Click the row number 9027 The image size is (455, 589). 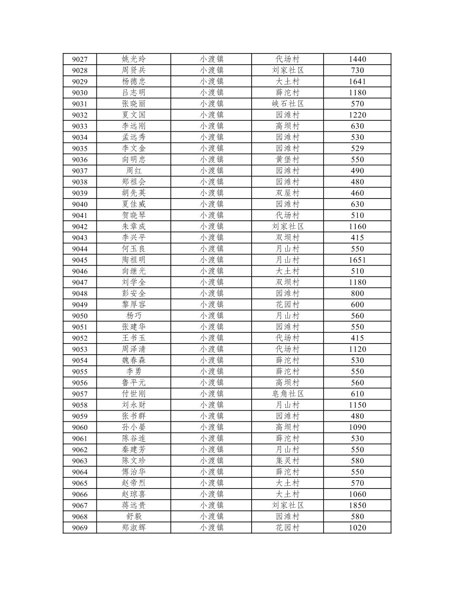[79, 59]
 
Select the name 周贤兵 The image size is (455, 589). [133, 70]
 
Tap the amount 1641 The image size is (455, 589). [357, 82]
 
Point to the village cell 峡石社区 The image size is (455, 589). [287, 104]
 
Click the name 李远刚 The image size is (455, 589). [133, 126]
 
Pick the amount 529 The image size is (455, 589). [357, 148]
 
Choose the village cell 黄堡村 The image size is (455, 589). [287, 159]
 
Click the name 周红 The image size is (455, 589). [133, 171]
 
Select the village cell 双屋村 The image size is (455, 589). [287, 193]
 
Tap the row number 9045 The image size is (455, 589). [79, 260]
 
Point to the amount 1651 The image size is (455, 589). [357, 260]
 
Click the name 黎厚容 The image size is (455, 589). [133, 304]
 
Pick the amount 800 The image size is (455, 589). [357, 293]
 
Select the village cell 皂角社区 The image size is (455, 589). [287, 394]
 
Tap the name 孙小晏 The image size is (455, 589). [133, 427]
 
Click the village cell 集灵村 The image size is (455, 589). [287, 460]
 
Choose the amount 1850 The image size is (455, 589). [357, 505]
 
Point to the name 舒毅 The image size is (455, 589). [133, 517]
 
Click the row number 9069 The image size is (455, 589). [79, 528]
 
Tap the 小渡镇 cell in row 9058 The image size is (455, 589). [211, 405]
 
